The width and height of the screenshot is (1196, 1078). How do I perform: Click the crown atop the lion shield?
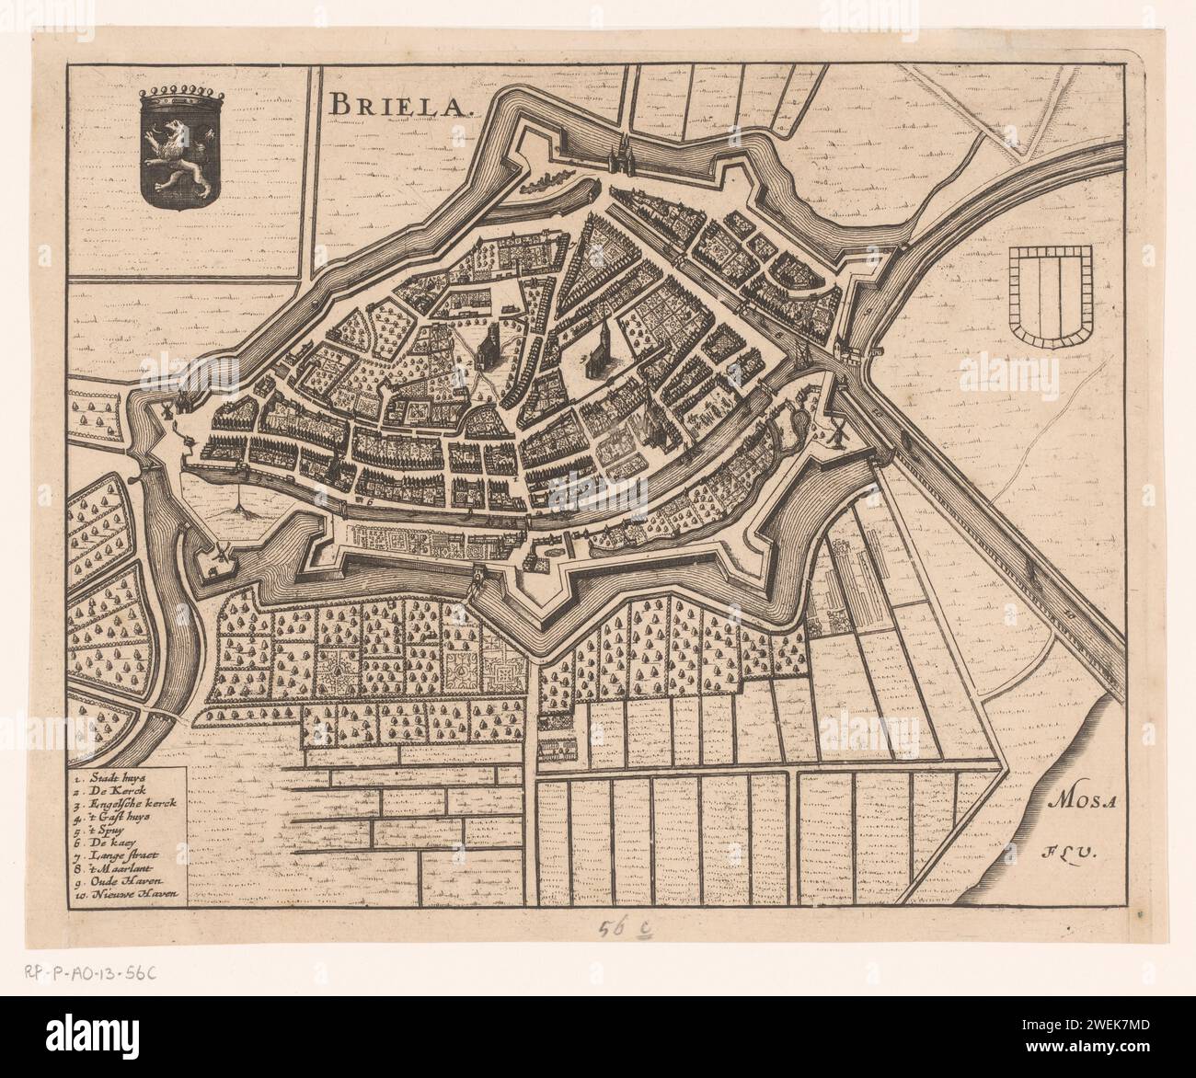coord(175,92)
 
